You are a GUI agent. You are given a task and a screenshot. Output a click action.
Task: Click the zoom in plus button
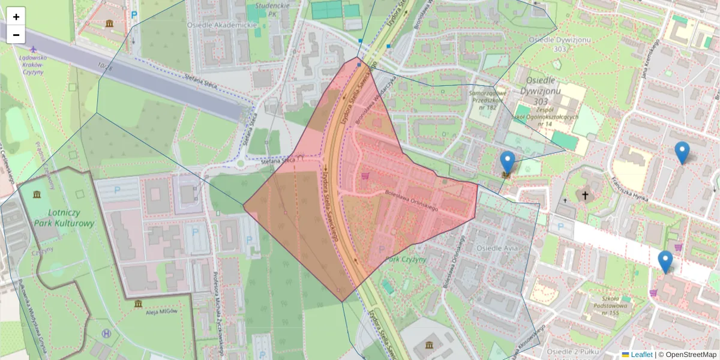pos(16,17)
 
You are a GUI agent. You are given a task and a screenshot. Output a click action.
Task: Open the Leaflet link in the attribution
pos(641,355)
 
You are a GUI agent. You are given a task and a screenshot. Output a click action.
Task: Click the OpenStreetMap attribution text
pos(689,355)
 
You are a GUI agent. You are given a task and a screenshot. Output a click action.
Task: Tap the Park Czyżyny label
pos(406,259)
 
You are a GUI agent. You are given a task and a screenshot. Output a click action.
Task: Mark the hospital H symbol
pos(107,333)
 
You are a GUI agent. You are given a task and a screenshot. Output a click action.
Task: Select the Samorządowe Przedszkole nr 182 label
pos(485,100)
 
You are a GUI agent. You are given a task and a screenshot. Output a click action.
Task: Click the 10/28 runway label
pos(104,68)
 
